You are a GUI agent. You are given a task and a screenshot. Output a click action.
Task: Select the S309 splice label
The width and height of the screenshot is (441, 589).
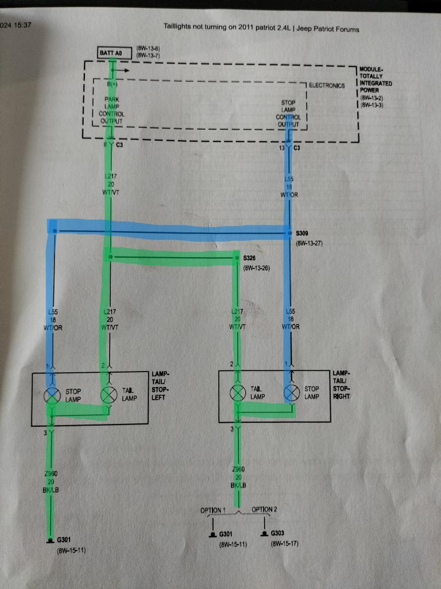(302, 234)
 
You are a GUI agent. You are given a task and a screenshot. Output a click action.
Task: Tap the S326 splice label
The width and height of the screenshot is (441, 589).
(250, 258)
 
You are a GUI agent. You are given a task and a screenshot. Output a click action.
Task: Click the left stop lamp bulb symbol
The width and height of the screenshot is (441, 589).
(53, 395)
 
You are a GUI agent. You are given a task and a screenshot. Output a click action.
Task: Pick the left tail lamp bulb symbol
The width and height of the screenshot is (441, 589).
(108, 395)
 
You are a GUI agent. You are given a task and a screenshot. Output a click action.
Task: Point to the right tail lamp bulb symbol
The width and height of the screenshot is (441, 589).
(237, 393)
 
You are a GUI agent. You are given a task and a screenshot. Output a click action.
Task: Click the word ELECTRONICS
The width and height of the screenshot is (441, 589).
(327, 86)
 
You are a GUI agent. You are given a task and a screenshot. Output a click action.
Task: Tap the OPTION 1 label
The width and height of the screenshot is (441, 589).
(213, 510)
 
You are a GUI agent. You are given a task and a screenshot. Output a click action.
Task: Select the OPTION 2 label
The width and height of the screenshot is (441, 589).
(265, 510)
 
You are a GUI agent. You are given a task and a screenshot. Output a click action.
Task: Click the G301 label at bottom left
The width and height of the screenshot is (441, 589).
(63, 541)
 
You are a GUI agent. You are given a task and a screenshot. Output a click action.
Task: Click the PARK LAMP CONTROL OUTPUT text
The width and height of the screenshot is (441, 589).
(111, 110)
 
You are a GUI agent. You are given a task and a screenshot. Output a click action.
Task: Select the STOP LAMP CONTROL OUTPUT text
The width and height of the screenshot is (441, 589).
(288, 113)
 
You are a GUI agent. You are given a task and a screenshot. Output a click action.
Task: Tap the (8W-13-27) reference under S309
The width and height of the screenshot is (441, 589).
(310, 243)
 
